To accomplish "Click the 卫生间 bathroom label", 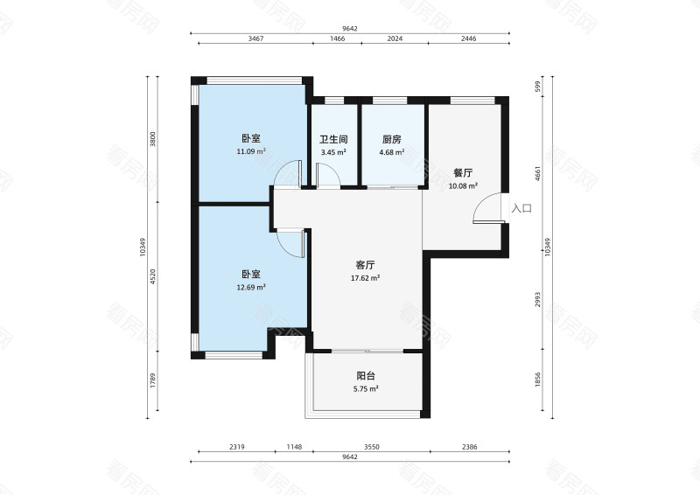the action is (333, 140).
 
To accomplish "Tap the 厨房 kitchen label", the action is (391, 140).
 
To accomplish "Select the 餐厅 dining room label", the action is (463, 173).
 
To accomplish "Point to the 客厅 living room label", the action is (365, 265).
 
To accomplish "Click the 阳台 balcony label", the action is (366, 376).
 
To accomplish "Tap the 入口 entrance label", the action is (521, 208).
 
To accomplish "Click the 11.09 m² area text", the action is (251, 151).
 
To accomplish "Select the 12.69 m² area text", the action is (251, 288).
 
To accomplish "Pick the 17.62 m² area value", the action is (365, 278).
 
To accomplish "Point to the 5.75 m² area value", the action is (366, 389).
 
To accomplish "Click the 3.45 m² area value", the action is (333, 152).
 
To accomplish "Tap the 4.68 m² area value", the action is (391, 152).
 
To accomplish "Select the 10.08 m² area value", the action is (463, 186).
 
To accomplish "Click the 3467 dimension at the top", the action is (255, 38).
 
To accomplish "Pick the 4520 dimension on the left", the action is (153, 276).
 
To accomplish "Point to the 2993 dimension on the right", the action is (538, 299).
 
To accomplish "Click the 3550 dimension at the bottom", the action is (371, 447).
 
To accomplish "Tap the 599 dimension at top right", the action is (538, 87).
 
